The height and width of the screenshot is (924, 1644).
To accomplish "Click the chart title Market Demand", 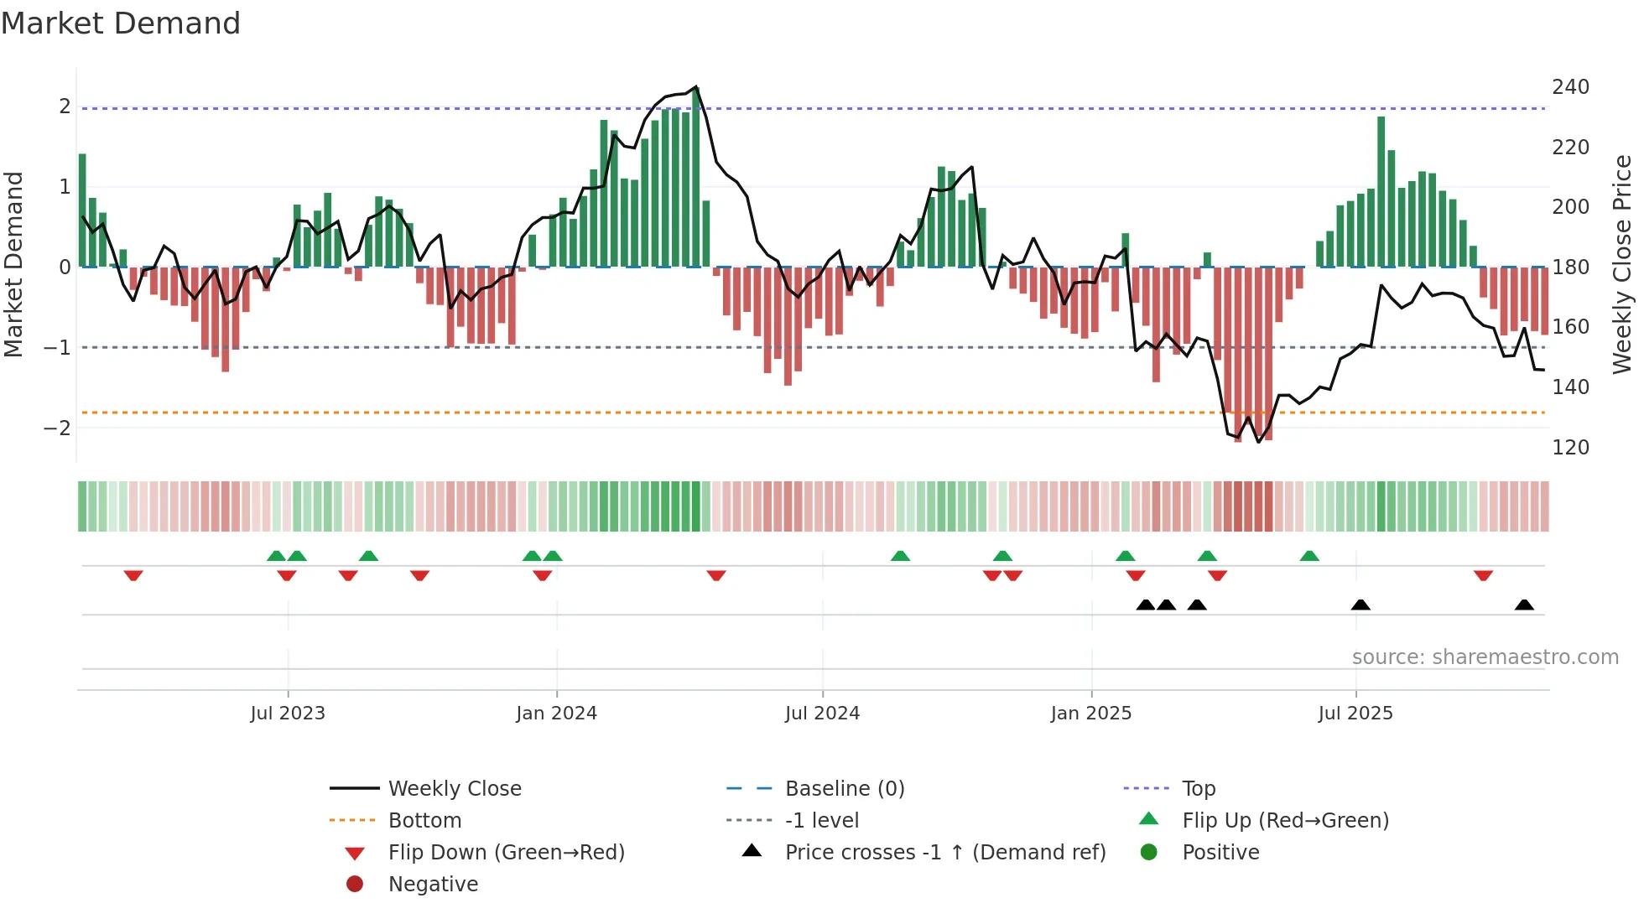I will pos(121,23).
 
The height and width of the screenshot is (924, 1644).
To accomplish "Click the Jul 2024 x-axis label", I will pos(822,714).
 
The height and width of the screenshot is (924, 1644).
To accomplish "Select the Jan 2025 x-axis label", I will pos(1090,714).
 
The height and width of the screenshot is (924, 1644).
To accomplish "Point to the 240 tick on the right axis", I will pos(1570,87).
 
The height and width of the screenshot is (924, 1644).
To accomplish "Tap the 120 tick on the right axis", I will pos(1570,448).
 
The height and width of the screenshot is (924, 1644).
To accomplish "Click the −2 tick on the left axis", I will pos(57,428).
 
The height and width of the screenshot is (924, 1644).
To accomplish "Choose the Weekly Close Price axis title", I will pos(1622,264).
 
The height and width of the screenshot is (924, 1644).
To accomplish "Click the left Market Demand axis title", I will pos(13,264).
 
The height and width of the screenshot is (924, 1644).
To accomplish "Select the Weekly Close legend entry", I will pos(454,789).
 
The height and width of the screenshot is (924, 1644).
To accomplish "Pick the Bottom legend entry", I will pos(424,821).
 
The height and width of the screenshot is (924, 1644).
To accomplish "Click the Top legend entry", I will pos(1198,789).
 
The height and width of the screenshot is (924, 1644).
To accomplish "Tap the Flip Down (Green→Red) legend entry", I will pos(506,853).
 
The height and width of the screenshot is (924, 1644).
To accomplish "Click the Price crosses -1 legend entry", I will pos(944,853).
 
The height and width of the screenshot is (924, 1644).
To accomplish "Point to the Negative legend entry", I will pos(433,885).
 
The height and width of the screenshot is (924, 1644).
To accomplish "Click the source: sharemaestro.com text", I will pos(1485,657).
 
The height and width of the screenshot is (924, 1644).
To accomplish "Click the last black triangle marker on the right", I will pos(1524,605).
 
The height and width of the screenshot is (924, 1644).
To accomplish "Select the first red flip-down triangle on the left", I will pos(133,575).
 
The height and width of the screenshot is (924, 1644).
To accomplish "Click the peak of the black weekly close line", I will pos(696,87).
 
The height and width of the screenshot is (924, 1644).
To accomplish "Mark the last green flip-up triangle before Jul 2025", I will pos(1309,556).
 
